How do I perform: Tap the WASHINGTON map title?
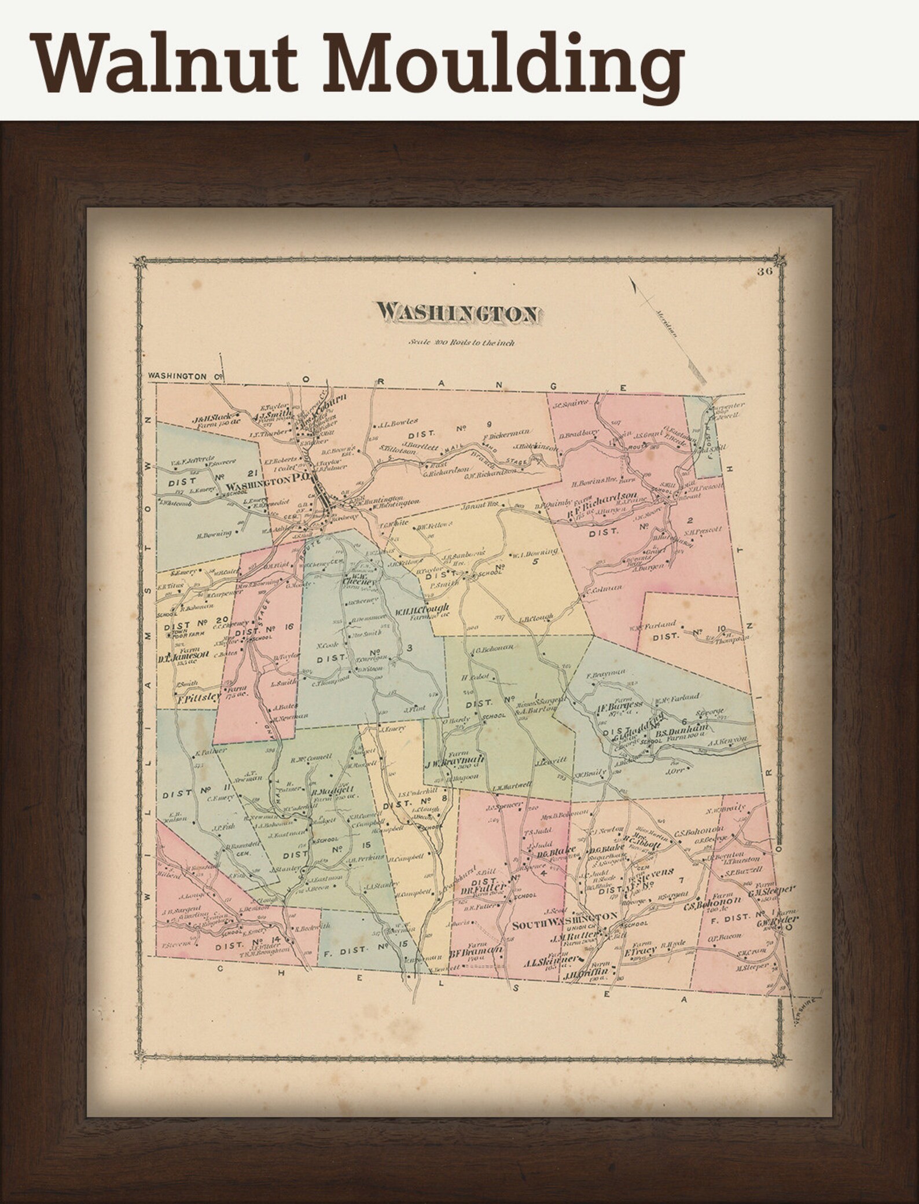(x=458, y=313)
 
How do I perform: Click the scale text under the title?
(x=461, y=342)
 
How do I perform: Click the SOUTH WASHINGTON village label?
(x=565, y=932)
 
